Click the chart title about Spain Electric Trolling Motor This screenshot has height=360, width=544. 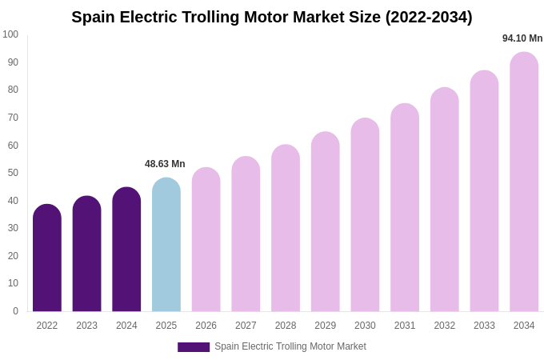click(x=272, y=17)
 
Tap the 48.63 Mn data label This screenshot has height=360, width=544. click(x=165, y=164)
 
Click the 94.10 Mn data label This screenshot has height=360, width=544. click(x=522, y=38)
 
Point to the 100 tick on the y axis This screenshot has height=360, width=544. click(x=10, y=34)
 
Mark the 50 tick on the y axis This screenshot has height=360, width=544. click(x=13, y=173)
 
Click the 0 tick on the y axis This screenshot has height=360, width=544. click(x=15, y=311)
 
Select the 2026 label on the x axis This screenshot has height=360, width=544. click(x=206, y=326)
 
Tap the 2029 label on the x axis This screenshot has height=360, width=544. click(x=325, y=326)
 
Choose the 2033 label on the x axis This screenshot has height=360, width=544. click(x=484, y=326)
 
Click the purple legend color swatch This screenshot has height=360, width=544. click(x=194, y=347)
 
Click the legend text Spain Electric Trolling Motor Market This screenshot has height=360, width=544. click(x=290, y=346)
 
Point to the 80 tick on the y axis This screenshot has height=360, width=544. click(x=13, y=90)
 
